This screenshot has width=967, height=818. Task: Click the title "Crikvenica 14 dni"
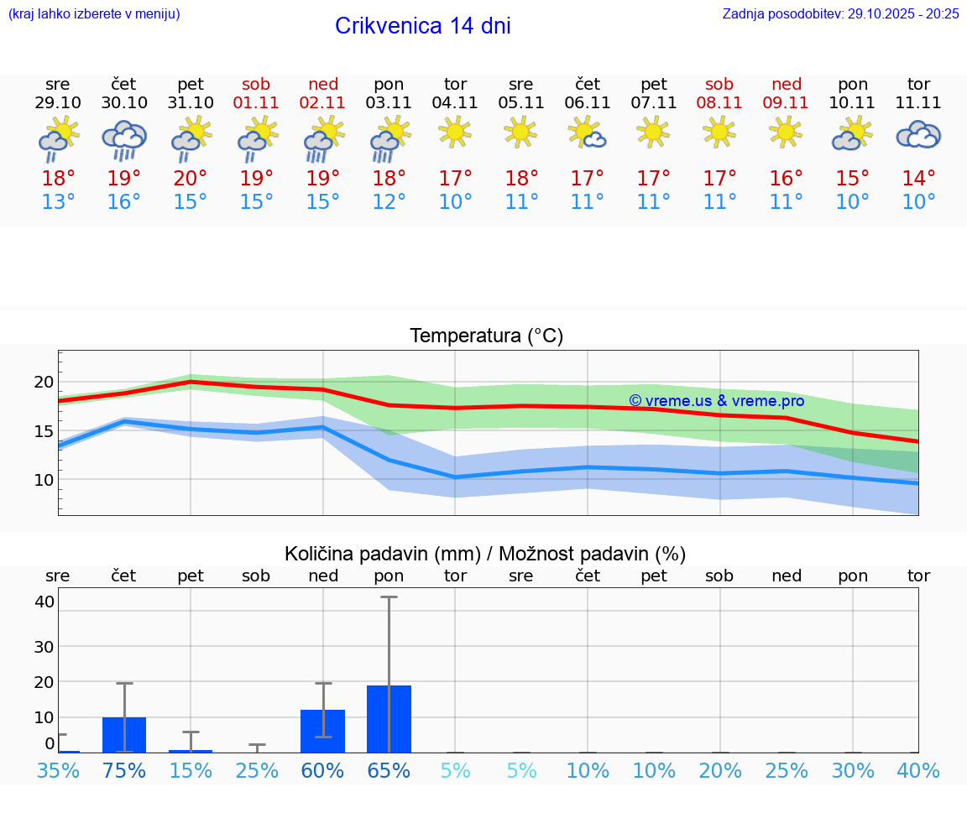(x=422, y=26)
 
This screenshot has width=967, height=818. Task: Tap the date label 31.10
(x=191, y=103)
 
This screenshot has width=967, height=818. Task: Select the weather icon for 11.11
(x=918, y=134)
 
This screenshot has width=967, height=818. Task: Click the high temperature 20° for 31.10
(x=191, y=179)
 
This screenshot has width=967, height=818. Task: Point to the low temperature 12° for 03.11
(x=389, y=202)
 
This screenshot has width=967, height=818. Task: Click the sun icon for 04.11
(x=455, y=132)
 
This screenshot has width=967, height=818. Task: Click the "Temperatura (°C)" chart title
(x=486, y=336)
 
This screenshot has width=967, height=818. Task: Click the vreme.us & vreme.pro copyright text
(x=716, y=401)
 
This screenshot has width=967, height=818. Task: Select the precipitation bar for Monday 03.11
(x=389, y=719)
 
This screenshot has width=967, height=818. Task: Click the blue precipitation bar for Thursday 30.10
(x=124, y=735)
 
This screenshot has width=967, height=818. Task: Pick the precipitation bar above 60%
(x=322, y=731)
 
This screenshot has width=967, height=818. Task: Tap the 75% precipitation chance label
(x=124, y=771)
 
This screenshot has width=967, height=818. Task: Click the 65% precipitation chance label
(x=389, y=771)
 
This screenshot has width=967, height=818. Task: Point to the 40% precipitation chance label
(x=918, y=771)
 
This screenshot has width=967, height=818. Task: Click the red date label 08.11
(x=719, y=103)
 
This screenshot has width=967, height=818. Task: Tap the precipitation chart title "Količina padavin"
(x=382, y=554)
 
